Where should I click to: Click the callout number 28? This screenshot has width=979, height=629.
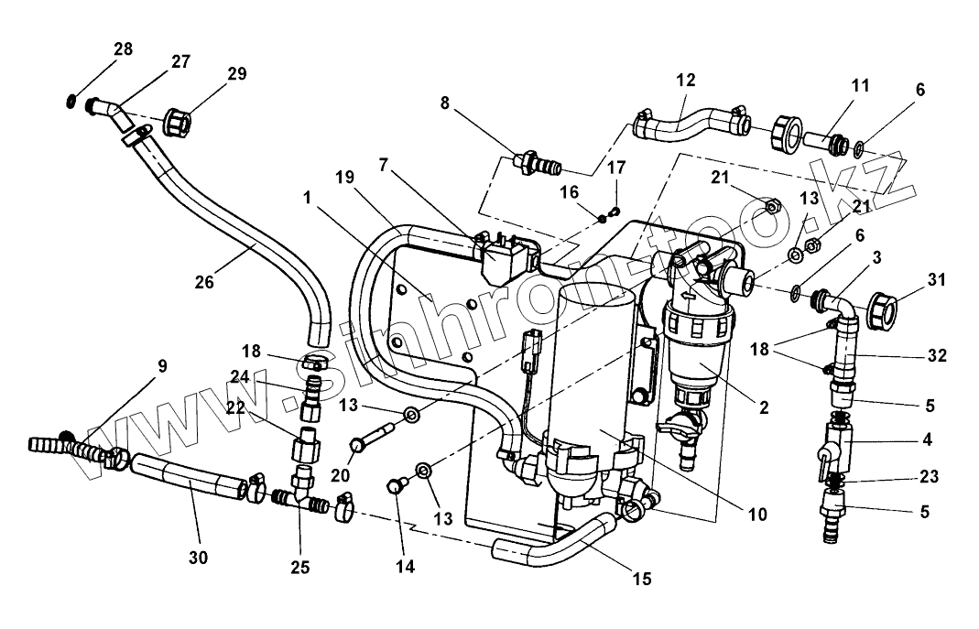(124, 49)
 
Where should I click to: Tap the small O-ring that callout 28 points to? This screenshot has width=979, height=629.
(71, 101)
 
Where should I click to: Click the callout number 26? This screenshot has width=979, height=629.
(204, 282)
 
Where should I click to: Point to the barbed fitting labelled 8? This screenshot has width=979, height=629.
(537, 164)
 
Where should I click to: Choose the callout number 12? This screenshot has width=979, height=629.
(686, 80)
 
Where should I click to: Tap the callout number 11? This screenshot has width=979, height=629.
(860, 85)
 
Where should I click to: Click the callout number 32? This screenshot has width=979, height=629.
(937, 355)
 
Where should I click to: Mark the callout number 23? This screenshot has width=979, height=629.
(929, 477)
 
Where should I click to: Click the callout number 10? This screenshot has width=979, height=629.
(757, 515)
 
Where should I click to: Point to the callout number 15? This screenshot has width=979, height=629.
(642, 579)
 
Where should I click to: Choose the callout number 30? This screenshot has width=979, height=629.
(198, 558)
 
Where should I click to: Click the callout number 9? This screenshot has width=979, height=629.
(162, 366)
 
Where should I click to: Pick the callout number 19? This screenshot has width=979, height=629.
(344, 178)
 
